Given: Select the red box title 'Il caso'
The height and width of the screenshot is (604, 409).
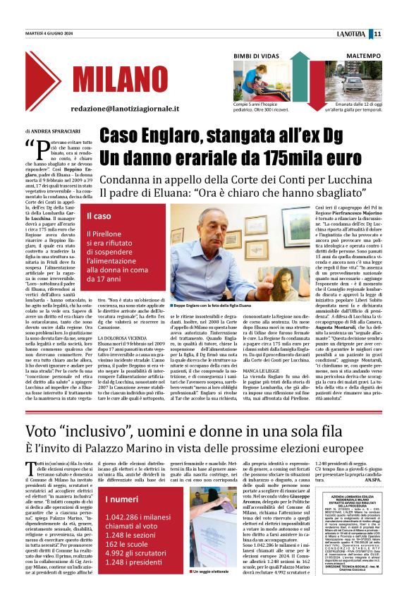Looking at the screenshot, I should (99, 196).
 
